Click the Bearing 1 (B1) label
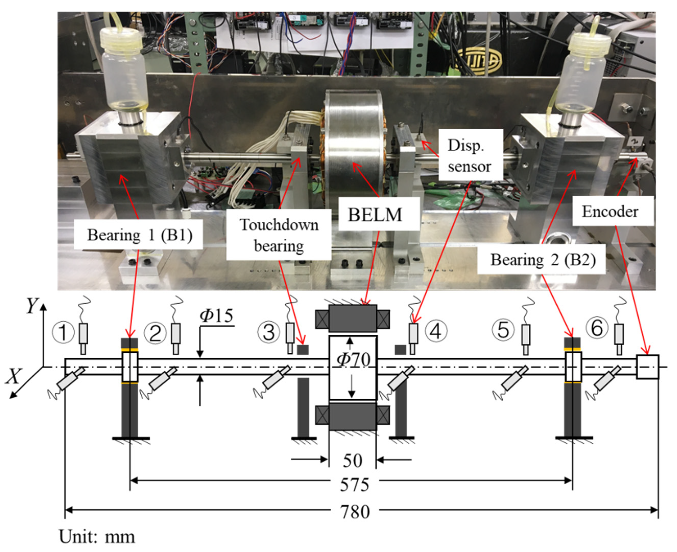point(139,235)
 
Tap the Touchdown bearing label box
point(279,235)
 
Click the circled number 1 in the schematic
point(64,332)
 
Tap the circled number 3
point(269,332)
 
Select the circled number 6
point(597,328)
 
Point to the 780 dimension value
point(355,512)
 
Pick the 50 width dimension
point(352,460)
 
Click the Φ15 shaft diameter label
point(216,315)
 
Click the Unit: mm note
point(97,537)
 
